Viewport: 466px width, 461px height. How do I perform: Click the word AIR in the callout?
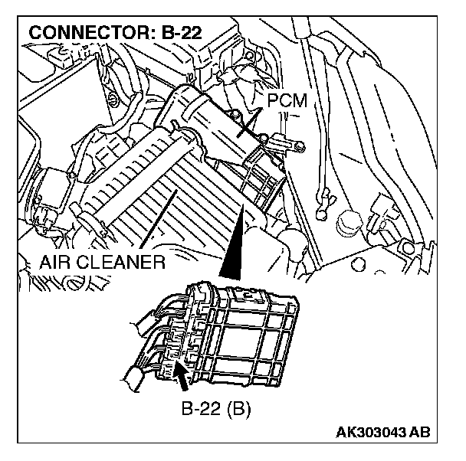58,263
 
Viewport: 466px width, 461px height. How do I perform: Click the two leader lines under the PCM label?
249,123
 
